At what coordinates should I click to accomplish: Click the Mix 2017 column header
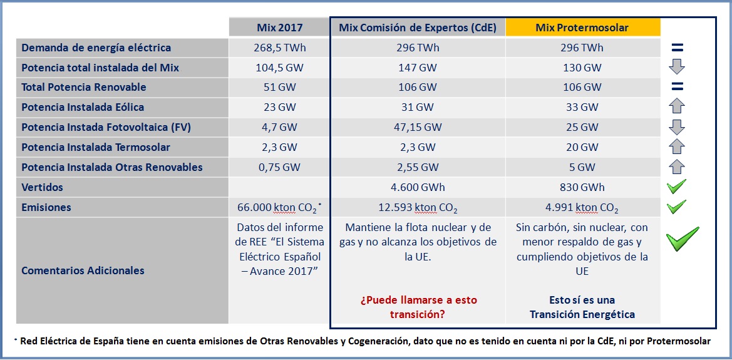pos(279,28)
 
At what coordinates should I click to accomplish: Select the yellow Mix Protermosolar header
pos(582,28)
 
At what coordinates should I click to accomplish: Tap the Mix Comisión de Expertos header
pos(418,28)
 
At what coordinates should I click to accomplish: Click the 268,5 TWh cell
pos(279,48)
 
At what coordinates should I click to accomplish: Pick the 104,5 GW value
pos(279,68)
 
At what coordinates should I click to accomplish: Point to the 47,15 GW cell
pos(418,127)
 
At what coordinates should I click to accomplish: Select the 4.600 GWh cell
pos(418,187)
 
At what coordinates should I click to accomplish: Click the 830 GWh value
pos(582,187)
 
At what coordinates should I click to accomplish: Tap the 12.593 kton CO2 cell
pos(418,207)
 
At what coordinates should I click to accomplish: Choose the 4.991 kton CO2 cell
pos(582,207)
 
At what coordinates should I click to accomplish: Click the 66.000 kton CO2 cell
pos(279,207)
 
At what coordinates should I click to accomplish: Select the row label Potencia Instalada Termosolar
pos(96,147)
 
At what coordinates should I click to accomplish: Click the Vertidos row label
pos(42,187)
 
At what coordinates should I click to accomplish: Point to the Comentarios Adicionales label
pos(83,270)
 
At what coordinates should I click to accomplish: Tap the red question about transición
pos(418,307)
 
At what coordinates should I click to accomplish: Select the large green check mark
pos(682,239)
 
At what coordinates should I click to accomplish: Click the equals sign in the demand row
pos(677,48)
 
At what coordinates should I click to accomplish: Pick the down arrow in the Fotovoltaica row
pos(677,127)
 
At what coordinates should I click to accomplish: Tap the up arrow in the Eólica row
pos(677,107)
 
